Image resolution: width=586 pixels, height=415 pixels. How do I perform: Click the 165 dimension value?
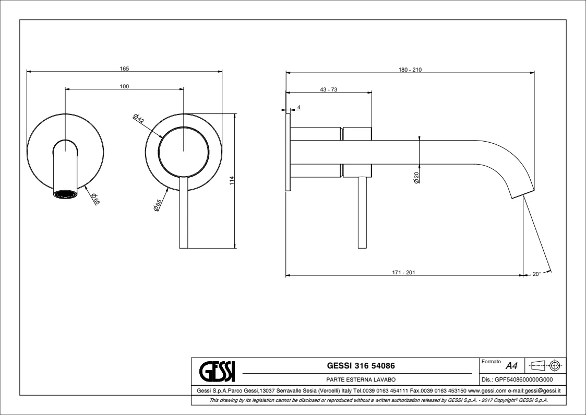coord(124,68)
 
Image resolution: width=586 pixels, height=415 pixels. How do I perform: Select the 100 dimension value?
coord(124,86)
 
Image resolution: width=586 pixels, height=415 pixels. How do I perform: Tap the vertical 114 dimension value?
coord(232,180)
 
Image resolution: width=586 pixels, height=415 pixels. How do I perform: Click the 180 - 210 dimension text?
coord(410,70)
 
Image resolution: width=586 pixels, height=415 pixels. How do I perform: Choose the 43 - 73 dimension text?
coord(329,89)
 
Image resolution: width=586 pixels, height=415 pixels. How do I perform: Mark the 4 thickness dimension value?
coord(298,107)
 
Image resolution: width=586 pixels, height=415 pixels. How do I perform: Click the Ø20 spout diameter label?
coord(416,178)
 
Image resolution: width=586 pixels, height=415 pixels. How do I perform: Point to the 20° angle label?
coord(536,273)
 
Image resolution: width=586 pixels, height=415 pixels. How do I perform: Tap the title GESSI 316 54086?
coord(357,366)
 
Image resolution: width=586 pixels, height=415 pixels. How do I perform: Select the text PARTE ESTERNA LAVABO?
coord(357,381)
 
